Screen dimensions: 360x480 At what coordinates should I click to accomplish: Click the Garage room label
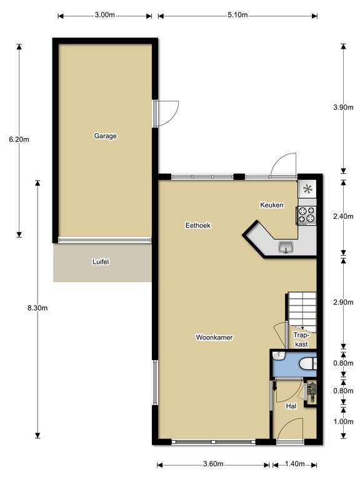tap(105, 136)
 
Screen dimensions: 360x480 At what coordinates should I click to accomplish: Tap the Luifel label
tap(101, 262)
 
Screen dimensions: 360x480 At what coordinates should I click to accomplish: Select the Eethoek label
tap(198, 226)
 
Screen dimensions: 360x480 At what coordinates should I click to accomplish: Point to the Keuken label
tap(272, 205)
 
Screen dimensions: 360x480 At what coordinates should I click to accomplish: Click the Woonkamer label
tap(214, 337)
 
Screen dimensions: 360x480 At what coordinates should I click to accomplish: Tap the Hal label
tap(291, 406)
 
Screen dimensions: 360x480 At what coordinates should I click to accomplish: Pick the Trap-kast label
tap(301, 340)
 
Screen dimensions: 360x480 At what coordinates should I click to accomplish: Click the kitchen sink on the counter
tap(286, 247)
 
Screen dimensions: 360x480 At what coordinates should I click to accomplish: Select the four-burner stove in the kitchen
tap(306, 215)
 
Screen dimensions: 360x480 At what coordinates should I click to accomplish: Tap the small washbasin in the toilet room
tap(279, 356)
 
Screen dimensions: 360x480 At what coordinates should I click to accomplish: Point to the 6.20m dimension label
tap(19, 139)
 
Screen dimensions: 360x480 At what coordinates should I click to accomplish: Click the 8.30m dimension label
tap(37, 308)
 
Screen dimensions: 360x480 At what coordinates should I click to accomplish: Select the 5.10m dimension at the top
tap(237, 15)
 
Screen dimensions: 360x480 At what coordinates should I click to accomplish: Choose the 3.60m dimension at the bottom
tap(213, 464)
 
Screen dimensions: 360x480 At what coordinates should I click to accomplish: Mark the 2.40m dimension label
tap(343, 216)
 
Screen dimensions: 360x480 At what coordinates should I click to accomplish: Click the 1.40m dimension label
tap(294, 464)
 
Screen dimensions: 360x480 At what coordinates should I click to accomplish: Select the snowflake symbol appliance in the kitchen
tap(307, 189)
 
